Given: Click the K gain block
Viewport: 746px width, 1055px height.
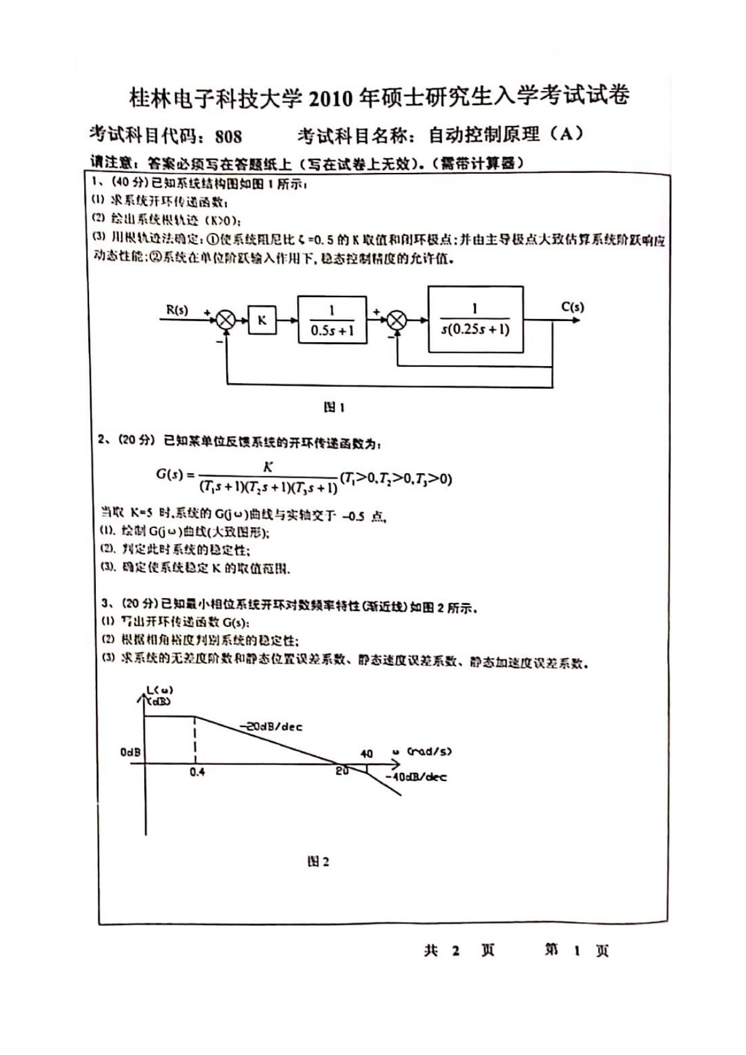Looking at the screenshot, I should click(262, 320).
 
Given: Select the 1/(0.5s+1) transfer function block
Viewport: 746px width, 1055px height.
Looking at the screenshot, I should click(332, 320).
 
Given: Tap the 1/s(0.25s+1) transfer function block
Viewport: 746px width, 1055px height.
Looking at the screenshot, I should click(475, 319).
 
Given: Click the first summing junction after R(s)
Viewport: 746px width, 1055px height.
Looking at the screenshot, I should click(226, 320).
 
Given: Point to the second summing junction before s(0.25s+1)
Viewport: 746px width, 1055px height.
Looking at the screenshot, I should click(396, 320).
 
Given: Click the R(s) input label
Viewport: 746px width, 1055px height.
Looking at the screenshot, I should click(177, 310).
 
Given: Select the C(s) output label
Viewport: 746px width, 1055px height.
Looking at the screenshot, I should click(572, 307).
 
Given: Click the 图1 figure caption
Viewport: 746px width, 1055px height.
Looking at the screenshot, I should click(334, 407).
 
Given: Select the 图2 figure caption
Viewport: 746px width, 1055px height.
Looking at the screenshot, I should click(318, 861).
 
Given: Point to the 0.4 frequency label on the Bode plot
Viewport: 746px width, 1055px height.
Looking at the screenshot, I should click(197, 772).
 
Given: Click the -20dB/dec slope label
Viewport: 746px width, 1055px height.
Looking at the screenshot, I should click(271, 727).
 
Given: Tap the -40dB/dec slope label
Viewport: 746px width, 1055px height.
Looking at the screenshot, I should click(416, 777).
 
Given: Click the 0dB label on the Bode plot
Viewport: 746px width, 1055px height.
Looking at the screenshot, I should click(130, 752).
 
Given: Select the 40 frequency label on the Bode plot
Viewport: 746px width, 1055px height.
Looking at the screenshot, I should click(367, 754).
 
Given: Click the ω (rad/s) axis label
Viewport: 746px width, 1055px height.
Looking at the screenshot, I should click(422, 751).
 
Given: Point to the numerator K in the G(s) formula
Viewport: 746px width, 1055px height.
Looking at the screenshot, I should click(268, 466).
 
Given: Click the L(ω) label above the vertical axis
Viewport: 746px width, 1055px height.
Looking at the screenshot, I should click(159, 691).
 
